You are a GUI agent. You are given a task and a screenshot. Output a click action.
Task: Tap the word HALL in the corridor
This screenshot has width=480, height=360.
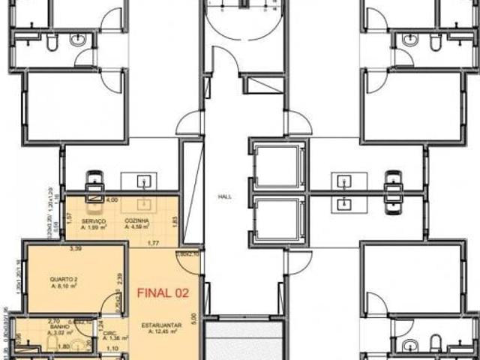(224, 196)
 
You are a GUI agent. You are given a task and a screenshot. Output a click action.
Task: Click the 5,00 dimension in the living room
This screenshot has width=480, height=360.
(193, 318)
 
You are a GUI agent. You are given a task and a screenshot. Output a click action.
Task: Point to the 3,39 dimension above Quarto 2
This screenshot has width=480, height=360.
(75, 247)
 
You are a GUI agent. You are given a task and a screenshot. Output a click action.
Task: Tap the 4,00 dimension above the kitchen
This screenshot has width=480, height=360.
(112, 200)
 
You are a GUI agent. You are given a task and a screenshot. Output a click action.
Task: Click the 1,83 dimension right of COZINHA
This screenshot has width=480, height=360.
(174, 220)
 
